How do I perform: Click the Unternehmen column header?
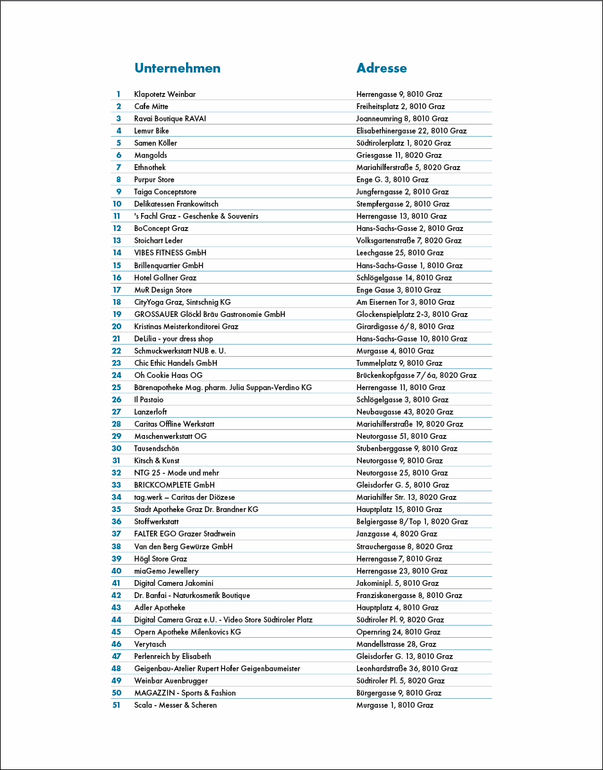pyautogui.click(x=177, y=69)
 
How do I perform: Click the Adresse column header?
pyautogui.click(x=382, y=69)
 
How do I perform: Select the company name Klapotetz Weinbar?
pyautogui.click(x=165, y=94)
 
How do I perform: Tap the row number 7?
pyautogui.click(x=119, y=167)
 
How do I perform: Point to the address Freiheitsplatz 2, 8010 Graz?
pyautogui.click(x=400, y=107)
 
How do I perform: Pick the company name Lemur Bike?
pyautogui.click(x=151, y=131)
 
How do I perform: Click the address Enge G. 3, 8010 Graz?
pyautogui.click(x=392, y=180)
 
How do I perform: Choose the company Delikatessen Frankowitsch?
pyautogui.click(x=176, y=204)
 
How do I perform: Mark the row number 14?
pyautogui.click(x=117, y=253)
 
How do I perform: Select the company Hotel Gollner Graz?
pyautogui.click(x=166, y=278)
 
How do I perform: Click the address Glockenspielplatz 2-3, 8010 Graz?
pyautogui.click(x=412, y=314)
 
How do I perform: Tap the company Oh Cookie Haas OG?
pyautogui.click(x=168, y=375)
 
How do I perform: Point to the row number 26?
pyautogui.click(x=117, y=400)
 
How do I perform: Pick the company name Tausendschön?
pyautogui.click(x=157, y=449)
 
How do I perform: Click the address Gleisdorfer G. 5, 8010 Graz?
pyautogui.click(x=403, y=485)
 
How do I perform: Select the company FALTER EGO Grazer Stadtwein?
pyautogui.click(x=185, y=534)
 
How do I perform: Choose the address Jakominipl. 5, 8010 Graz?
pyautogui.click(x=398, y=583)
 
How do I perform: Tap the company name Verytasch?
pyautogui.click(x=151, y=644)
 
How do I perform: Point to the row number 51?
pyautogui.click(x=117, y=705)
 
